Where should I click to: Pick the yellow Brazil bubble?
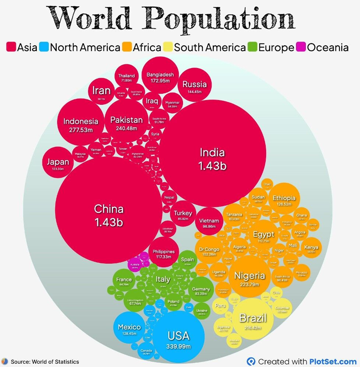[x=253, y=320]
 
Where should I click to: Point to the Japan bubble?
[x=58, y=163]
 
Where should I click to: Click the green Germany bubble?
[x=201, y=291]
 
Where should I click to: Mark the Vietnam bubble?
[x=209, y=222]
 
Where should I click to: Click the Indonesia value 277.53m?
[x=81, y=130]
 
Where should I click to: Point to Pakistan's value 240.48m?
[x=127, y=128]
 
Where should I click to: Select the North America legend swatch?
[x=44, y=47]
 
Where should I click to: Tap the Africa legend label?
[x=147, y=47]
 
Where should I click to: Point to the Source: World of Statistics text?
[x=44, y=362]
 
